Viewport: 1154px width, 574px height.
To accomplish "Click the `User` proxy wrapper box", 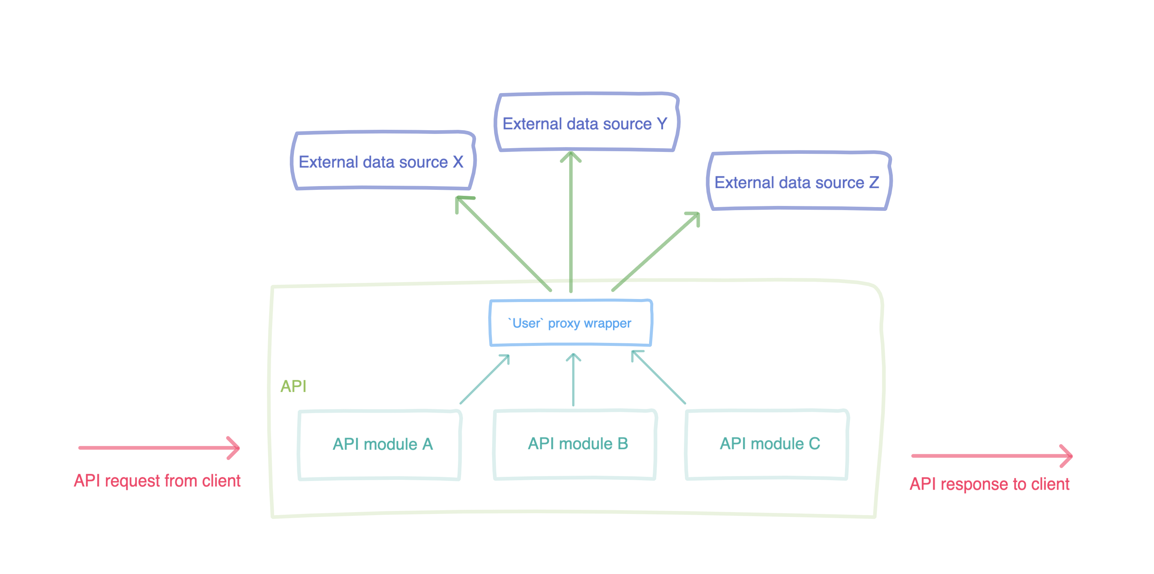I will point(570,323).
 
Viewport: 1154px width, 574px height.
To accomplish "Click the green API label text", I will point(294,386).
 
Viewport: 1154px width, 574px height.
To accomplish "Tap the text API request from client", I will point(157,481).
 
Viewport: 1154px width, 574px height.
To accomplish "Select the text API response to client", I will point(989,484).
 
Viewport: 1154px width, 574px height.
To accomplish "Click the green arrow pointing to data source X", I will point(504,244).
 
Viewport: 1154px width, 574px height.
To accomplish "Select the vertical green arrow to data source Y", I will point(571,224).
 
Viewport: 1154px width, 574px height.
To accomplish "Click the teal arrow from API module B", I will point(573,380).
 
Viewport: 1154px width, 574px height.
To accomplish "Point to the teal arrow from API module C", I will point(658,377).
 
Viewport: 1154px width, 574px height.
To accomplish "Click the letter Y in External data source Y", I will point(662,123).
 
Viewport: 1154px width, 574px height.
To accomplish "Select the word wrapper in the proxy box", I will point(607,323).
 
